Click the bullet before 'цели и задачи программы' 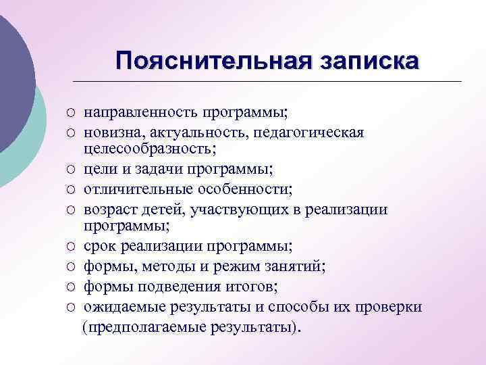(x=70, y=166)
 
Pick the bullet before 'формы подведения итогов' (x=70, y=288)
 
